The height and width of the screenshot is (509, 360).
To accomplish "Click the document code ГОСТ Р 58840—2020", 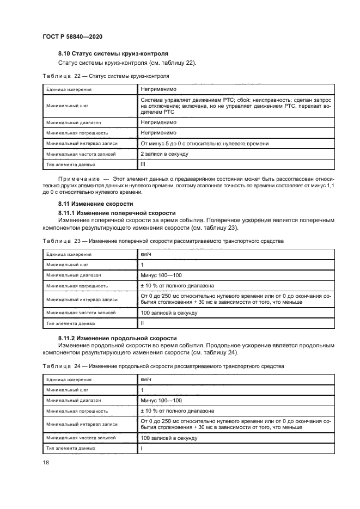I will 72,36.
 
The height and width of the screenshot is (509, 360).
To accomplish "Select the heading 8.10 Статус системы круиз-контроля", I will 113,53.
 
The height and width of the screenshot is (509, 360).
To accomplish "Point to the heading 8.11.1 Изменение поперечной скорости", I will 117,212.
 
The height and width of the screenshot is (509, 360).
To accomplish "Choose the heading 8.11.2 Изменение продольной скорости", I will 117,338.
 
